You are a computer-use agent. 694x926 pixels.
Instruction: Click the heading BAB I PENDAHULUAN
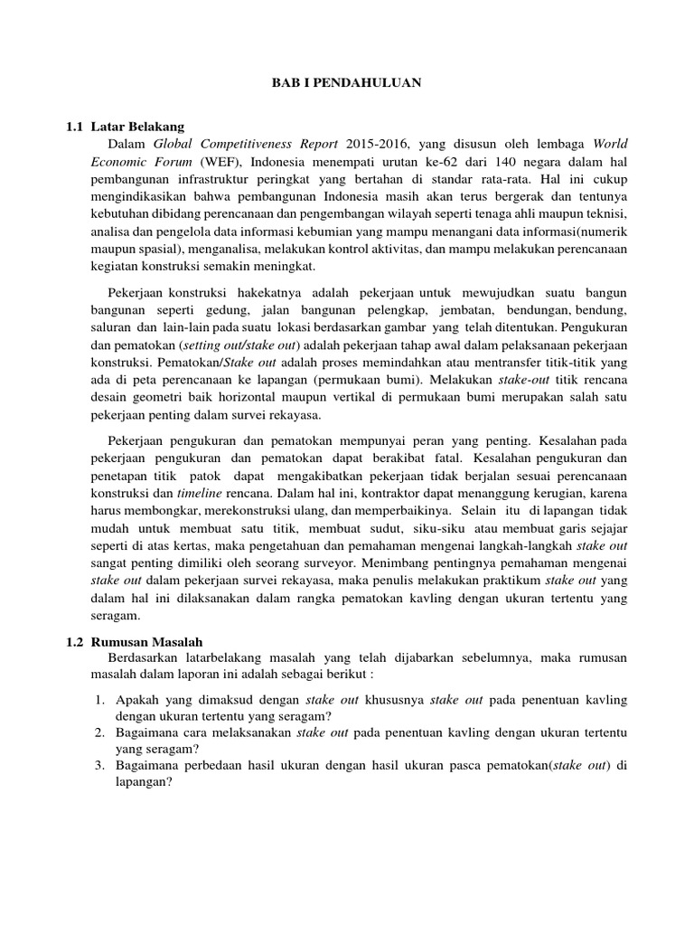[x=348, y=82]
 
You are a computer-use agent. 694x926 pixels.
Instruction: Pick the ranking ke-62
[x=433, y=161]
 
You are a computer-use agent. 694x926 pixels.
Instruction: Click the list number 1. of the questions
[x=100, y=700]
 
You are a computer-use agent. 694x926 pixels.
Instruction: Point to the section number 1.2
[x=75, y=640]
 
